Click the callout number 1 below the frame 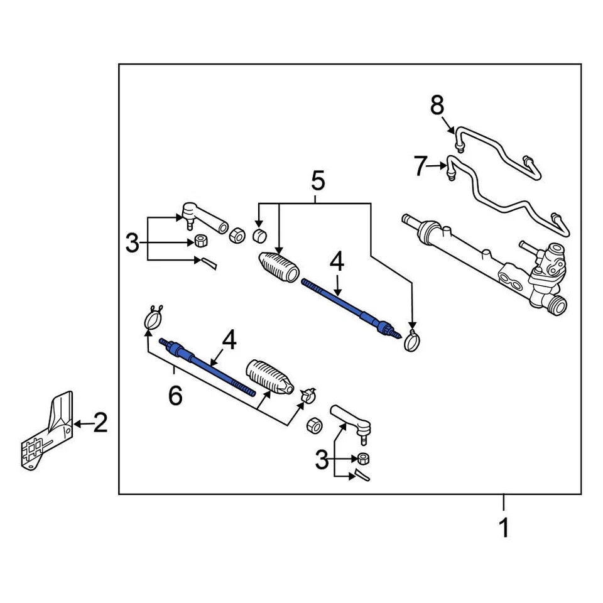coord(504,528)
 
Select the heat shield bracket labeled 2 coord(47,433)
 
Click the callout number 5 coord(318,182)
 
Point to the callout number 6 coord(175,396)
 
